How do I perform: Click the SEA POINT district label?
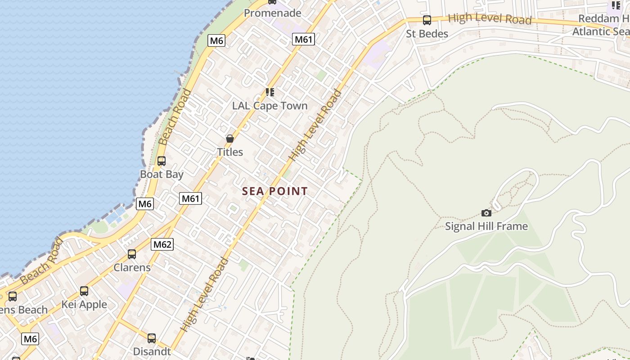275,191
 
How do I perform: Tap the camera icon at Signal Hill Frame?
486,213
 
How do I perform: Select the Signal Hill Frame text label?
486,226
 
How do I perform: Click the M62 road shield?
162,244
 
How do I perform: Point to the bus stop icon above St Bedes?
427,20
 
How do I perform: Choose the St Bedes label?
427,34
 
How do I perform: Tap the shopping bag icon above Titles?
230,139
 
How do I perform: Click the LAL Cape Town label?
270,106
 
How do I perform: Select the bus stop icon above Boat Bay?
161,161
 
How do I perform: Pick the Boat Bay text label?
162,174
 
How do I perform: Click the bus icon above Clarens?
132,254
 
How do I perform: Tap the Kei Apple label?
84,305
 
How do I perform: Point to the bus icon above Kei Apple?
84,291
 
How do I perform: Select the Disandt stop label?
152,351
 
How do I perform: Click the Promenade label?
272,13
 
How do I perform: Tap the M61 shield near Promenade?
303,39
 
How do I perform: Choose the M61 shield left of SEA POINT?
190,198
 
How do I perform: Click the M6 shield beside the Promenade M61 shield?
216,40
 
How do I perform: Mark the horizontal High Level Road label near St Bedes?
490,19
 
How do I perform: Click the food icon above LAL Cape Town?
270,92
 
